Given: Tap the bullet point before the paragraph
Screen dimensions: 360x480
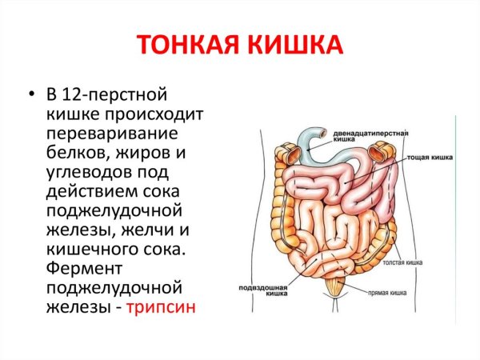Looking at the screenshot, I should click(x=30, y=94).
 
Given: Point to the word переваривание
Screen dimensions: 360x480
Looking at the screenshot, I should click(x=112, y=132).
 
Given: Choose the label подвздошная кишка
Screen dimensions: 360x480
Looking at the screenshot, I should click(x=265, y=289).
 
